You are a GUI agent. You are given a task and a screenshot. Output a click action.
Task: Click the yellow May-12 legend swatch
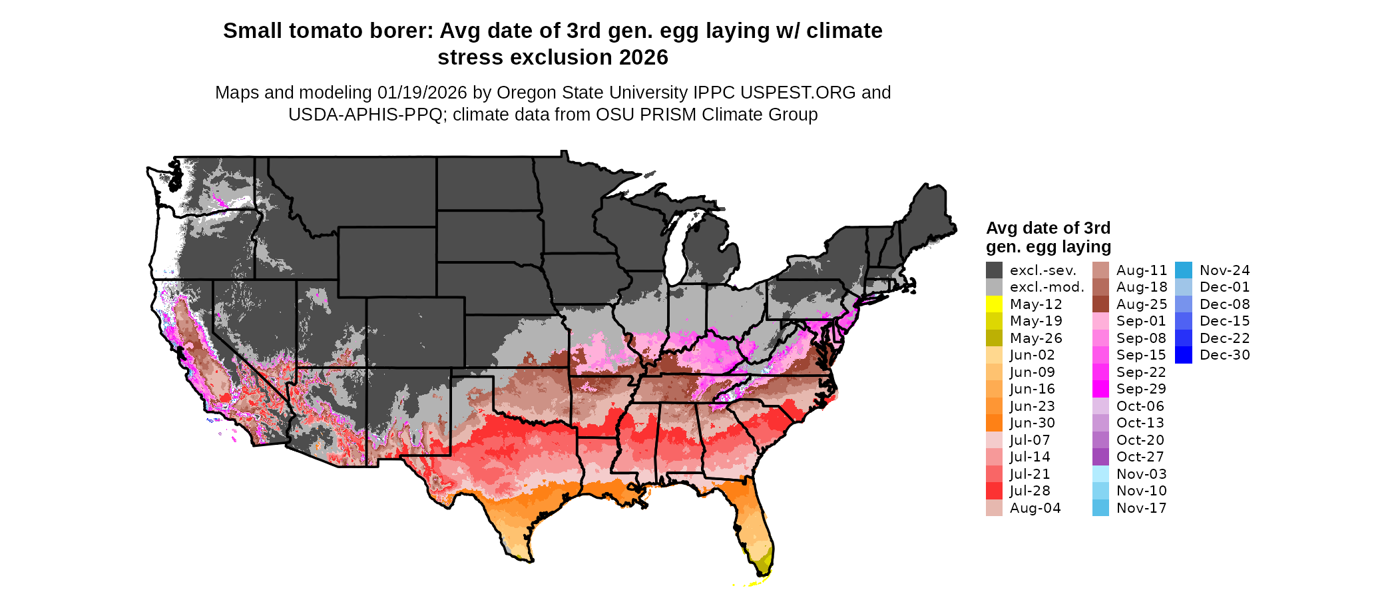tap(994, 304)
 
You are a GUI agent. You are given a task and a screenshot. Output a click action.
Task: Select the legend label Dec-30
tap(1224, 356)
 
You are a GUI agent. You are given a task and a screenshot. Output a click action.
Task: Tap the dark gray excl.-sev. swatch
tap(994, 270)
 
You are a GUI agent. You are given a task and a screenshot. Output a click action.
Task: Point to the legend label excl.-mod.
tap(1047, 287)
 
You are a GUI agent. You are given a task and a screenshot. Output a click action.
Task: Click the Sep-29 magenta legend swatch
tap(1100, 389)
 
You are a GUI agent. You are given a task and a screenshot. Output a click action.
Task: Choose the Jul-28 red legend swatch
tap(994, 491)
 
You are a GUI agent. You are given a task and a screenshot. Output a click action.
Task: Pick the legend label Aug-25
tap(1142, 304)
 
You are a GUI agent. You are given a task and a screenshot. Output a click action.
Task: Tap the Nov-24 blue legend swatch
tap(1184, 270)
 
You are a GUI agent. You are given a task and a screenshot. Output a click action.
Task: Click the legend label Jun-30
tap(1032, 423)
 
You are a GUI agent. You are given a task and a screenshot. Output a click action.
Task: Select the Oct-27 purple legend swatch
tap(1100, 457)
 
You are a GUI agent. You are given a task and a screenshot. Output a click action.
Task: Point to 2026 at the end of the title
tap(643, 58)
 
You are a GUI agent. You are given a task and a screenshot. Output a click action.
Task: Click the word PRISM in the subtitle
tap(621, 115)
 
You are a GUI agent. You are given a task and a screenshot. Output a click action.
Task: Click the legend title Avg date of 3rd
tap(1048, 228)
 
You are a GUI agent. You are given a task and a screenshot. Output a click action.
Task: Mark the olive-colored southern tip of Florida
tap(764, 563)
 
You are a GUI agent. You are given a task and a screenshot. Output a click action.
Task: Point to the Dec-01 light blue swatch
tap(1184, 287)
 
